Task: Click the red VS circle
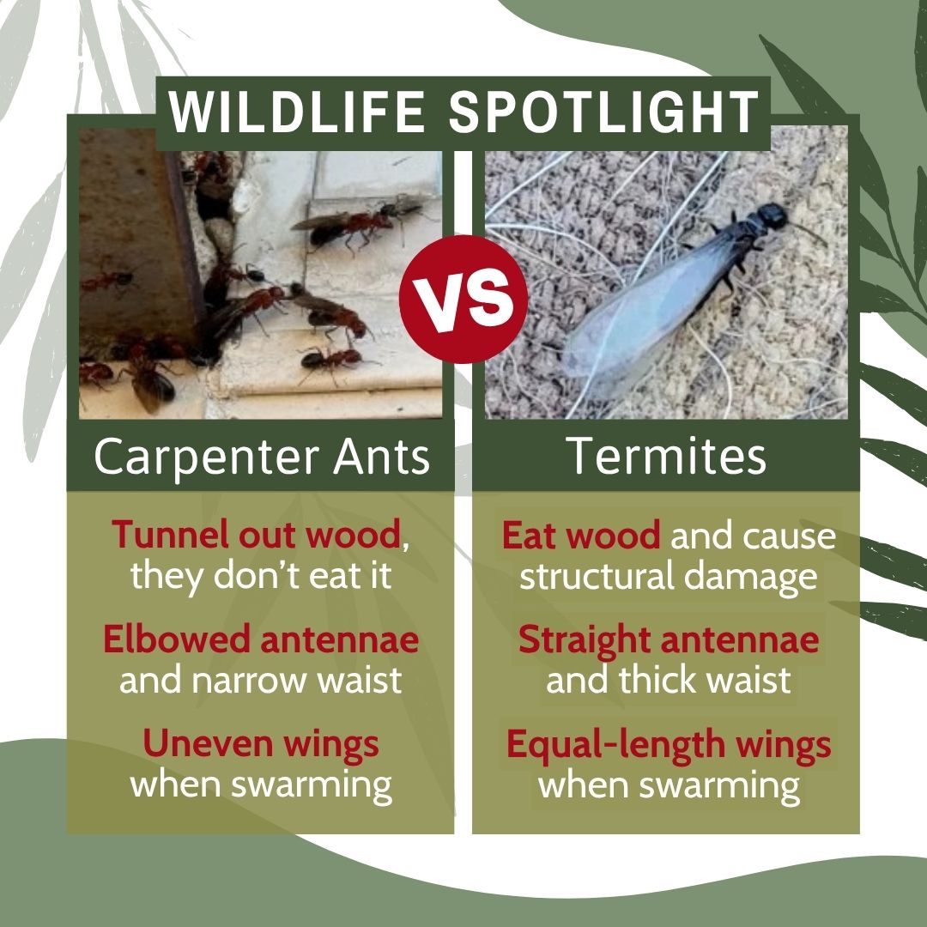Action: [x=463, y=299]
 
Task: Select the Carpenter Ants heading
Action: [x=261, y=457]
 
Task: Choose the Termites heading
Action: [x=666, y=457]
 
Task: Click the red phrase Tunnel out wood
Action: [x=257, y=535]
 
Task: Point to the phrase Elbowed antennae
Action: [x=261, y=639]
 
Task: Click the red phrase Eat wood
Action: [x=581, y=536]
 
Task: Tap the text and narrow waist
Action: [x=261, y=681]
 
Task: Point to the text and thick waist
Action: [x=669, y=681]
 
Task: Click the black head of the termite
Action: [x=771, y=215]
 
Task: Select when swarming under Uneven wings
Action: [x=261, y=785]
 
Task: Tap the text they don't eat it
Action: [x=261, y=575]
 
